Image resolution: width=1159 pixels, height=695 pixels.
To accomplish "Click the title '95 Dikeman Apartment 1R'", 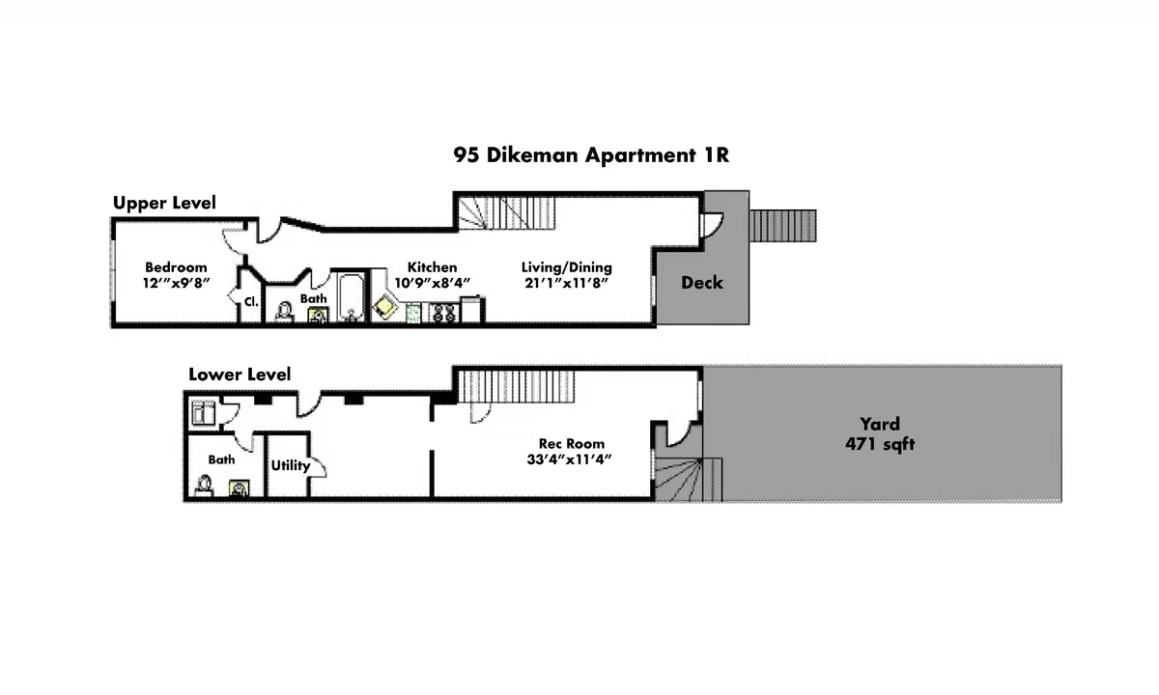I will (590, 155).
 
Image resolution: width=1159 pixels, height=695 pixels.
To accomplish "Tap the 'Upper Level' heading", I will (164, 203).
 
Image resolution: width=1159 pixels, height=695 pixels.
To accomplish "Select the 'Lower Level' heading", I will (239, 375).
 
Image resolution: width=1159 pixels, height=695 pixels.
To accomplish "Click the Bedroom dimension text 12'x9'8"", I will (177, 284).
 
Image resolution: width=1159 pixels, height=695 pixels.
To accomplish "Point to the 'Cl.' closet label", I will (250, 301).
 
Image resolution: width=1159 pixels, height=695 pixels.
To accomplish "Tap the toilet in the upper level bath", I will (284, 312).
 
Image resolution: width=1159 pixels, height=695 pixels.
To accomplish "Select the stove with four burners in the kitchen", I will (443, 312).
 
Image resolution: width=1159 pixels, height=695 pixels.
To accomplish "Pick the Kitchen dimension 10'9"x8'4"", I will (432, 284).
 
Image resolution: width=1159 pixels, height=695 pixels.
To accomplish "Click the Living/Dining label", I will (566, 267).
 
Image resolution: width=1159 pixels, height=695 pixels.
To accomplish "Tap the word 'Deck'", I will (701, 283).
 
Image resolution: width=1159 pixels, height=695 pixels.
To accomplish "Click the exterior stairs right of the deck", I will (783, 226).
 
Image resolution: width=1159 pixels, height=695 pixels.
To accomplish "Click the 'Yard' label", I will (880, 424).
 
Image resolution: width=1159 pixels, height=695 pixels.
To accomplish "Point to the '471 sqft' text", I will (880, 445).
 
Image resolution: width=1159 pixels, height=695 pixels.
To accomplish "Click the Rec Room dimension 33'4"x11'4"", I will (572, 459).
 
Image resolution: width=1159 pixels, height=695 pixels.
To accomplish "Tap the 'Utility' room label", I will (290, 465).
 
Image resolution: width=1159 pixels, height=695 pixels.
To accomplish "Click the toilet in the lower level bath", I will (205, 485).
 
